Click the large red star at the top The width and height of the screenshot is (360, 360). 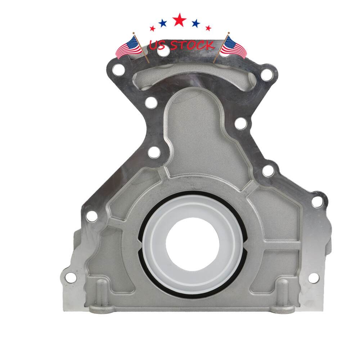(179, 20)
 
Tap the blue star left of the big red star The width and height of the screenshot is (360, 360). (163, 23)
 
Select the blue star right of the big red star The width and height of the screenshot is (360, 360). (195, 23)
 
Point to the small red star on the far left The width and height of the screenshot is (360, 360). (152, 28)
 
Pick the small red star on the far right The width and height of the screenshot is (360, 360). (208, 28)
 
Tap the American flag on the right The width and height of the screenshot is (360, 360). (234, 47)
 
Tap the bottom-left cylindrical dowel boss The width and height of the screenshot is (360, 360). (102, 293)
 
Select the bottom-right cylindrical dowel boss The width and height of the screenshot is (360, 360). (283, 293)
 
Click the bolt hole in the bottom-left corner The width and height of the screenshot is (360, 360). (71, 277)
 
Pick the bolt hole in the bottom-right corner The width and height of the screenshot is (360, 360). (314, 278)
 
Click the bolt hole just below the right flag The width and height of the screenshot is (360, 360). (266, 75)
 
